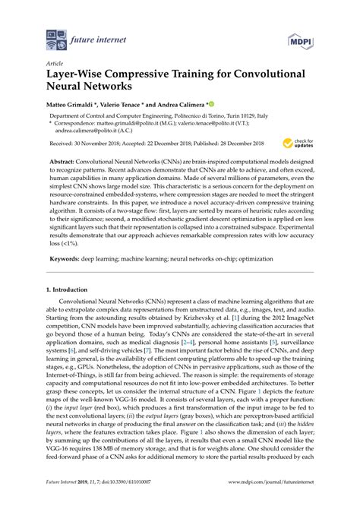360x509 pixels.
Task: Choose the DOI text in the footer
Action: coord(128,501)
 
